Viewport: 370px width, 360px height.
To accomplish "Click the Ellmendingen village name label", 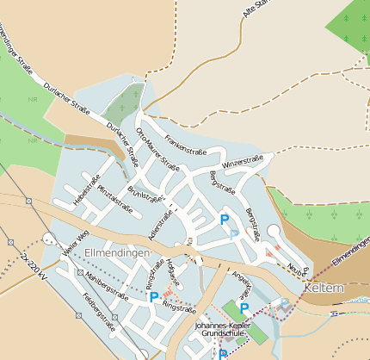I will coord(118,251).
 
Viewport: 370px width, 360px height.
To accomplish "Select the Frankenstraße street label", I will coord(187,140).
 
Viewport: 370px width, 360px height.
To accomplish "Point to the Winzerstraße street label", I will coord(243,161).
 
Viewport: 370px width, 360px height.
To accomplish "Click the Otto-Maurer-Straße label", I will coord(157,149).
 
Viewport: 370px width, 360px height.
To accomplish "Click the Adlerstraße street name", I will coord(156,222).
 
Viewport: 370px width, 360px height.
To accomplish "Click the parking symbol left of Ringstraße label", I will coord(153,297).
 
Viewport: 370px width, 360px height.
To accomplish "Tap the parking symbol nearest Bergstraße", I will coord(225,219).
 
